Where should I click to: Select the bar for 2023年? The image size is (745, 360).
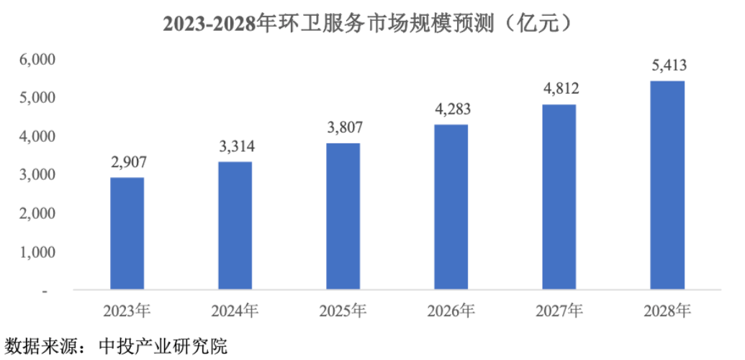pos(127,233)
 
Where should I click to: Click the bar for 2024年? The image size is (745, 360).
pos(235,225)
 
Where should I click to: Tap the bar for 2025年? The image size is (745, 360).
pos(343,216)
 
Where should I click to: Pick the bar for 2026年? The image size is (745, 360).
pos(451,207)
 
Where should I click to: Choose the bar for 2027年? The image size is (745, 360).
pos(559,197)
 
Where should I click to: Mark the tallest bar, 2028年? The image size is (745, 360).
pos(667,185)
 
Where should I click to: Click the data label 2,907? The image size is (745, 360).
pos(127,162)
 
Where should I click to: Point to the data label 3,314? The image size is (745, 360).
pos(235,146)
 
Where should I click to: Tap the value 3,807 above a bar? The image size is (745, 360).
pos(343,127)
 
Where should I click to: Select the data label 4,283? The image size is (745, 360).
pos(451,109)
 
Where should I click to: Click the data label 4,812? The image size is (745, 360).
pos(559,89)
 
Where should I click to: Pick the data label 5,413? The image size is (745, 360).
pos(667,65)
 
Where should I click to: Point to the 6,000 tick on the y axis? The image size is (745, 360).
pos(36,60)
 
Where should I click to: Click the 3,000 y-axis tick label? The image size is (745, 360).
pos(36,176)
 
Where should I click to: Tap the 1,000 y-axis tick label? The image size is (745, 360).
pos(36,253)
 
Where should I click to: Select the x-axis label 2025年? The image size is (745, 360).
pos(343,311)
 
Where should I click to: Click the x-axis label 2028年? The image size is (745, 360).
pos(667,311)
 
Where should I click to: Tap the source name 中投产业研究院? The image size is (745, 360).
pos(163,346)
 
